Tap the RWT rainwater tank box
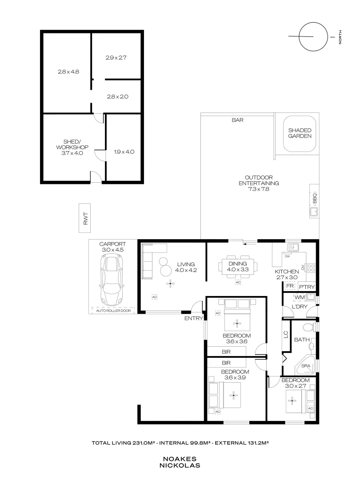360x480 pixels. (x=86, y=218)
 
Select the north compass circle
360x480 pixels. (x=312, y=36)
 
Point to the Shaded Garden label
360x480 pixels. (x=300, y=133)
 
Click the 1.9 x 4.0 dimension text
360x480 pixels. (x=124, y=152)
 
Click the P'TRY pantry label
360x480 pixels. (x=306, y=287)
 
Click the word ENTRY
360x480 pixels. (x=194, y=318)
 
